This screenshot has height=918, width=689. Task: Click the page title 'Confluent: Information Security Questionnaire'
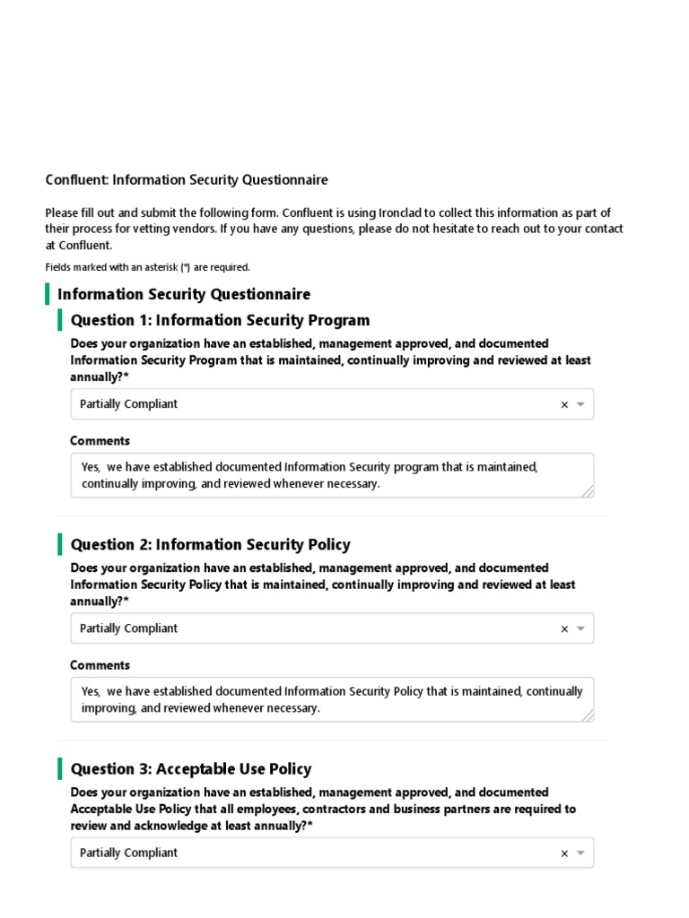click(x=187, y=180)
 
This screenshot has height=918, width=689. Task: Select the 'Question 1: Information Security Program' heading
click(x=220, y=320)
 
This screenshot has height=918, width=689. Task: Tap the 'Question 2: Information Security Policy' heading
click(x=210, y=544)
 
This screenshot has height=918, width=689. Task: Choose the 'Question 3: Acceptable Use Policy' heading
click(x=191, y=768)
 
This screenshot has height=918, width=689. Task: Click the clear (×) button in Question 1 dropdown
click(x=564, y=404)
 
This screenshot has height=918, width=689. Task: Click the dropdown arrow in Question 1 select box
click(x=580, y=404)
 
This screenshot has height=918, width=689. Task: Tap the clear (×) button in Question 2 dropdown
click(x=564, y=628)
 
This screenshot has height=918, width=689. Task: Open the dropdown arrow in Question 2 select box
click(x=580, y=628)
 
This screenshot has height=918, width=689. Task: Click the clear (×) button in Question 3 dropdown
click(x=564, y=853)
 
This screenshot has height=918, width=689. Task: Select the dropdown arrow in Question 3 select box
click(x=580, y=853)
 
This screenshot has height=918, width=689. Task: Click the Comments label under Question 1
click(x=100, y=441)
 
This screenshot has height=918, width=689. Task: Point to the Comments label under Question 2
click(x=100, y=665)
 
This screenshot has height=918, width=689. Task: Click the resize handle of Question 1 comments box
click(x=587, y=490)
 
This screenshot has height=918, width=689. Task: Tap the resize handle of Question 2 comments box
click(x=587, y=714)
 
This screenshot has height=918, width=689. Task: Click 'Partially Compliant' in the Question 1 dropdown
click(x=128, y=404)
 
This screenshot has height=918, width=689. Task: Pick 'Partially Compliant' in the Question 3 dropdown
click(x=128, y=853)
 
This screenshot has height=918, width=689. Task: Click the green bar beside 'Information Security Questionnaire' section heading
click(x=48, y=294)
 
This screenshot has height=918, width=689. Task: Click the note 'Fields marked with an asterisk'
click(x=147, y=267)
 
